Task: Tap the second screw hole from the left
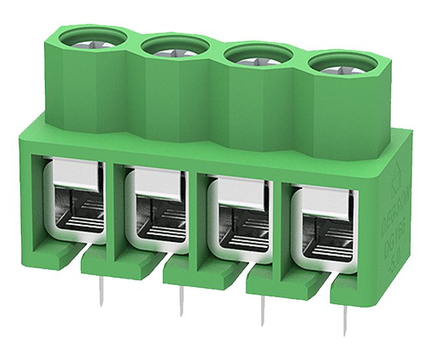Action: (x=174, y=47)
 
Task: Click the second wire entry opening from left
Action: (x=155, y=210)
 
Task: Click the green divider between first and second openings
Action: (x=116, y=208)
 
